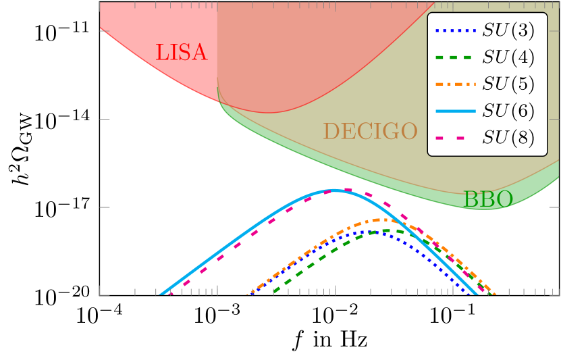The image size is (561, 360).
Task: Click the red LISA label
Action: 182,53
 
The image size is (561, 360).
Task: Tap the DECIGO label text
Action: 370,131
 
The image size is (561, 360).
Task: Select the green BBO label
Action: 487,199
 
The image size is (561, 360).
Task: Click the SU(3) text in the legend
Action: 508,30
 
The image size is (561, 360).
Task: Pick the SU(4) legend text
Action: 508,57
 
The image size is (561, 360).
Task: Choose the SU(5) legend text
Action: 508,84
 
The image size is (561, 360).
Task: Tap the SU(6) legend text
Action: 508,110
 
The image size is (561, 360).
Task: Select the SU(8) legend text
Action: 508,137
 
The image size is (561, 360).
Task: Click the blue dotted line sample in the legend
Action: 456,30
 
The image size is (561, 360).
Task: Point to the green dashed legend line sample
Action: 456,57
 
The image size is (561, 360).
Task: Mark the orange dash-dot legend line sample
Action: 456,84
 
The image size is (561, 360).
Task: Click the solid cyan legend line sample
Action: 456,110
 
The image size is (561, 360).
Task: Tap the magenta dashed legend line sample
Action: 456,137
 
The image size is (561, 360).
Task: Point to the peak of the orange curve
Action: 383,220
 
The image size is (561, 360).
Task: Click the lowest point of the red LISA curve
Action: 270,113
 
